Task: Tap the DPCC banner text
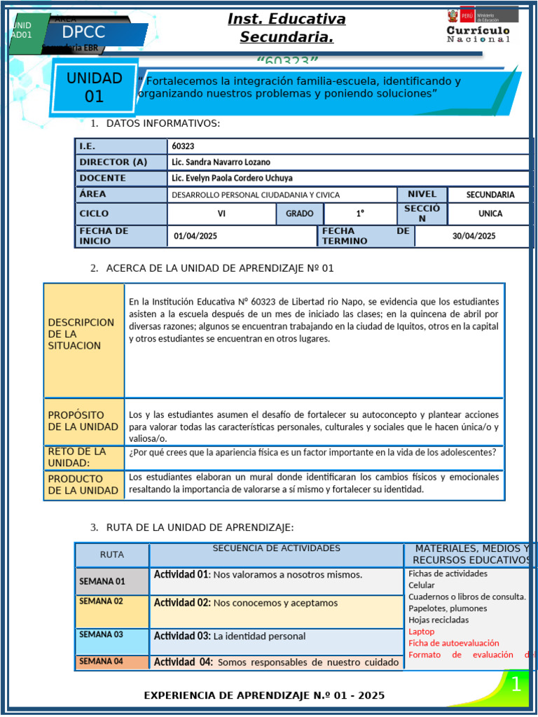(x=83, y=33)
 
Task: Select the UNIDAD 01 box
(x=95, y=88)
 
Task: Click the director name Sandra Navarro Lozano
(x=221, y=162)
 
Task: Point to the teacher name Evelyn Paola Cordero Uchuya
(x=232, y=178)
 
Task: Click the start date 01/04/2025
(x=195, y=236)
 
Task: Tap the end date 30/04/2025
(x=474, y=236)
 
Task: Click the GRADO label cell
(x=300, y=214)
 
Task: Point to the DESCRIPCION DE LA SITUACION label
(x=81, y=334)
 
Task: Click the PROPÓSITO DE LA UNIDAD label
(x=83, y=421)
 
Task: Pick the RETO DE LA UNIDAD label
(x=77, y=457)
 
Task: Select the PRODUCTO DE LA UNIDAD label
(x=83, y=484)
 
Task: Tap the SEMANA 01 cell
(x=102, y=581)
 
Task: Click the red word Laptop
(x=422, y=632)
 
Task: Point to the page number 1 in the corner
(x=516, y=685)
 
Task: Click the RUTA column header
(x=112, y=555)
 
